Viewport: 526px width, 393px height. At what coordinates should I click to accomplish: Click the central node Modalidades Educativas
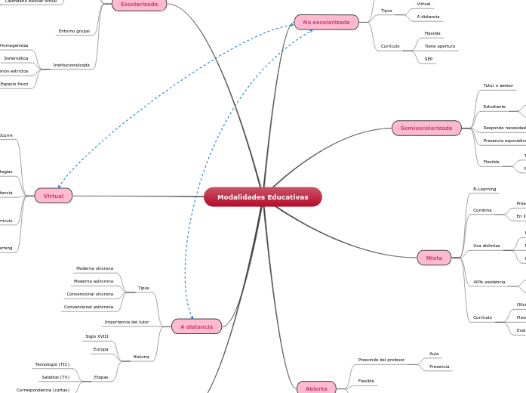263,196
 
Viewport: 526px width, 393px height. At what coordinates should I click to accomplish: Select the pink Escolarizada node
139,5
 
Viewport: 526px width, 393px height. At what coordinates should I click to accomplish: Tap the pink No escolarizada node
326,23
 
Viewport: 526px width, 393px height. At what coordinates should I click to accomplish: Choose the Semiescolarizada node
426,128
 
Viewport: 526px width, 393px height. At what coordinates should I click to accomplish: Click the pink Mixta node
434,258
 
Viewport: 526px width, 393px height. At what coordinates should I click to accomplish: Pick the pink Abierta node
316,388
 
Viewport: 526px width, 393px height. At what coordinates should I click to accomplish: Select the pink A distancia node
196,326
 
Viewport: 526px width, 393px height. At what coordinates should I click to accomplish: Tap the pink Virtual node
54,196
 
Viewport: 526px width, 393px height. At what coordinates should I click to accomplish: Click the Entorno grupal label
74,32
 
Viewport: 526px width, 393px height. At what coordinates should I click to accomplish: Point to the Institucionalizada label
71,65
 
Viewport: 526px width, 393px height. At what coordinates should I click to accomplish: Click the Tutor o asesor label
498,85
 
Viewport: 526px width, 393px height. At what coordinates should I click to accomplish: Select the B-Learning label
484,189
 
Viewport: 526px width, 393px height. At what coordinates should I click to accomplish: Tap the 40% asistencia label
489,282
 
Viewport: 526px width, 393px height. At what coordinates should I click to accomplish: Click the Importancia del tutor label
127,322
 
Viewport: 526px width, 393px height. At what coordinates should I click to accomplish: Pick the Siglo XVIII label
97,336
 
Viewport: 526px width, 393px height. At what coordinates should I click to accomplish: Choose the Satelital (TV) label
55,377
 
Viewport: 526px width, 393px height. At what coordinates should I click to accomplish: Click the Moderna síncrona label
94,268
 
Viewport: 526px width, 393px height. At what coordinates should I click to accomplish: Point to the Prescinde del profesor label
381,360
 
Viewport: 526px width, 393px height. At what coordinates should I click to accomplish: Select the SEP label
429,58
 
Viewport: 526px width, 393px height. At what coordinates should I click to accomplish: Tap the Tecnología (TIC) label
52,364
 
